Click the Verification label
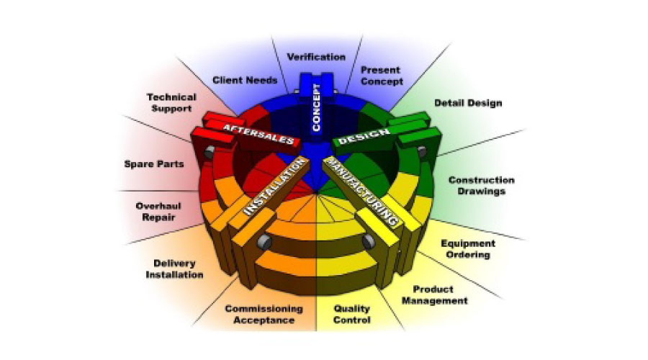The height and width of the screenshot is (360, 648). click(x=316, y=56)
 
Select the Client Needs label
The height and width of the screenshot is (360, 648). click(x=245, y=80)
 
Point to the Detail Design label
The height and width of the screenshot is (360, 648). click(x=468, y=103)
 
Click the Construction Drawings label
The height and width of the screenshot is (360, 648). click(x=481, y=186)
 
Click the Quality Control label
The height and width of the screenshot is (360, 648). click(x=352, y=314)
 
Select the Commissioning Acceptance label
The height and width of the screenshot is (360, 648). click(x=264, y=314)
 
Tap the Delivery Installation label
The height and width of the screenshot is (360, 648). click(x=174, y=269)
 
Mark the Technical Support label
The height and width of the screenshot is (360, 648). click(x=168, y=102)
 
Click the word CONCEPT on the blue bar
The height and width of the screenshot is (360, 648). click(x=316, y=108)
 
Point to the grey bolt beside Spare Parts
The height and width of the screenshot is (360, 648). click(x=209, y=153)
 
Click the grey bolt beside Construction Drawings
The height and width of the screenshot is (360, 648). click(x=423, y=151)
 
